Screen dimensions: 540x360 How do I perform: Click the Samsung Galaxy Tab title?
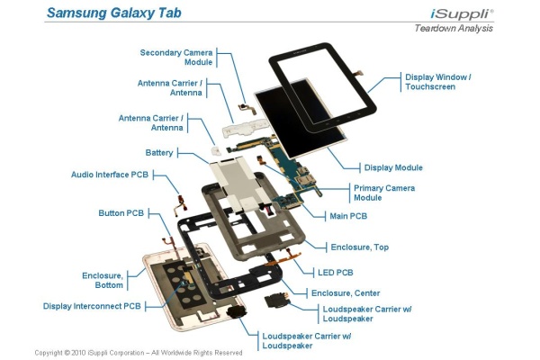coord(114,13)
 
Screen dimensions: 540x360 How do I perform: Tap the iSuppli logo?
coord(462,13)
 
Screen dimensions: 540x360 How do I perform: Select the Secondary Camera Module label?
coord(176,58)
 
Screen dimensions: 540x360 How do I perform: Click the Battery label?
coord(159,153)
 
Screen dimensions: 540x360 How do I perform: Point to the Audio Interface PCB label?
coord(110,175)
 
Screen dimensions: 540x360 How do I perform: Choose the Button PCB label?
coord(121,213)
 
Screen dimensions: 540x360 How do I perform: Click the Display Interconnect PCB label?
coord(92,306)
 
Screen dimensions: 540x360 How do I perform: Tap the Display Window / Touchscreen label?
coord(438,82)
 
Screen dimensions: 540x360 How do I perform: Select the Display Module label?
coord(393,167)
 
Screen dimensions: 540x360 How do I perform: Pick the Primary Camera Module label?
coord(384,193)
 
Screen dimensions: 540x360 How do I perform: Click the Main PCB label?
coord(348,216)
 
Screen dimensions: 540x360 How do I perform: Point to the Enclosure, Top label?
coord(359,247)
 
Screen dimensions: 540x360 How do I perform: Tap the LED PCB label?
coord(336,273)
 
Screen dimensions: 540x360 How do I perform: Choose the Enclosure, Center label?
coord(346,293)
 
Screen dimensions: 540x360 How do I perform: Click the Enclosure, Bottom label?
coord(103,281)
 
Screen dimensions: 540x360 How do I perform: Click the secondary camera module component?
coord(247,108)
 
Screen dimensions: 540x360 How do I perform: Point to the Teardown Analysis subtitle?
coord(454,28)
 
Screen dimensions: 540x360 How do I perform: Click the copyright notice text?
coord(139,353)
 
